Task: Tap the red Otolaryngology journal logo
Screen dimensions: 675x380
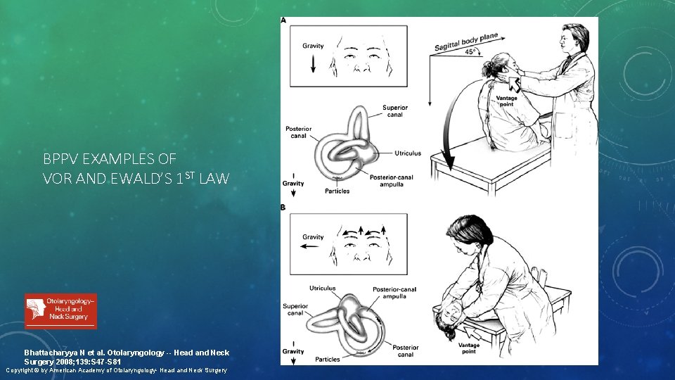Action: pyautogui.click(x=61, y=311)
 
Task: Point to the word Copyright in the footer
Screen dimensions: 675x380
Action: pyautogui.click(x=24, y=370)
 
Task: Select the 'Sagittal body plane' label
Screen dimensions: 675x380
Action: pyautogui.click(x=464, y=42)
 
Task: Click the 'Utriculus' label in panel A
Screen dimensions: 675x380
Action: pyautogui.click(x=408, y=153)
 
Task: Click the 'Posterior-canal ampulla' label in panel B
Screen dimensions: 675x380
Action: pyautogui.click(x=396, y=292)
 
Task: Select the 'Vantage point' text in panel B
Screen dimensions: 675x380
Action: pyautogui.click(x=468, y=348)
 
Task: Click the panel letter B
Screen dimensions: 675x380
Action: pyautogui.click(x=283, y=208)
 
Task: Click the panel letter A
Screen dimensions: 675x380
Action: pyautogui.click(x=283, y=20)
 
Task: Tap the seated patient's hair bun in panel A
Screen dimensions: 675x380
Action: pyautogui.click(x=487, y=69)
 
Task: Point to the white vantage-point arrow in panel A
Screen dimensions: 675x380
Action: pyautogui.click(x=512, y=86)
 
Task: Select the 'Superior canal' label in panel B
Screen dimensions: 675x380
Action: pyautogui.click(x=295, y=310)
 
